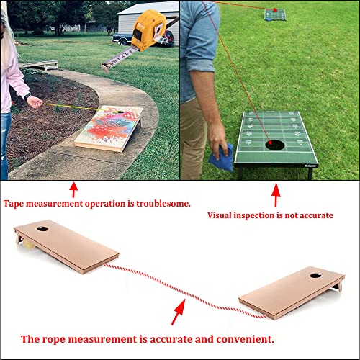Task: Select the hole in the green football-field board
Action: [x=274, y=144]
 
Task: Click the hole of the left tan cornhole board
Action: [x=42, y=232]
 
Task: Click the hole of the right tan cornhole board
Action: [x=316, y=275]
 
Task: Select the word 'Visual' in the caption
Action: [x=220, y=215]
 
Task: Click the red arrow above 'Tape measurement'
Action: [x=72, y=189]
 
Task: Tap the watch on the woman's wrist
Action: [x=27, y=96]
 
